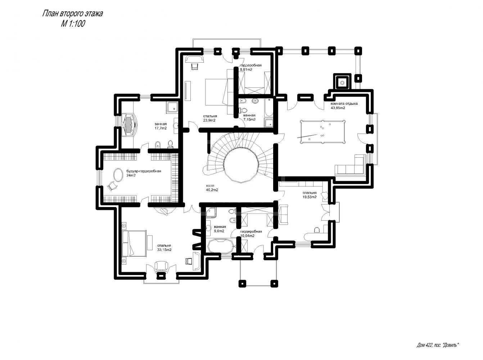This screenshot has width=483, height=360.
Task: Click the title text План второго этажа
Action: pyautogui.click(x=72, y=14)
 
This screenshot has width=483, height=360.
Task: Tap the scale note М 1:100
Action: pyautogui.click(x=73, y=23)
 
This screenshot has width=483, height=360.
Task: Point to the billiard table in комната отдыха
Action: pyautogui.click(x=322, y=131)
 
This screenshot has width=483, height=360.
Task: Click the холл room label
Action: pyautogui.click(x=210, y=186)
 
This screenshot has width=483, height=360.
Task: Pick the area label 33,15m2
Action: pyautogui.click(x=164, y=250)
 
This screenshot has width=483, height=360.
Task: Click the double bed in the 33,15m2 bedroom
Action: pyautogui.click(x=134, y=243)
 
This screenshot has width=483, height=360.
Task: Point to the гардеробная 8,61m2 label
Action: pyautogui.click(x=250, y=67)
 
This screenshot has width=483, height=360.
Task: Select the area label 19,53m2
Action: pyautogui.click(x=310, y=197)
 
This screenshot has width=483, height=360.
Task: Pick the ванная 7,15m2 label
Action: pyautogui.click(x=249, y=117)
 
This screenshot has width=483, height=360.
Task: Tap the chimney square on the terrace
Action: pyautogui.click(x=342, y=81)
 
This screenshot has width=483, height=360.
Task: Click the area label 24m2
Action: pyautogui.click(x=131, y=175)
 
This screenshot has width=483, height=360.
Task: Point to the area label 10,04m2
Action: pyautogui.click(x=247, y=235)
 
